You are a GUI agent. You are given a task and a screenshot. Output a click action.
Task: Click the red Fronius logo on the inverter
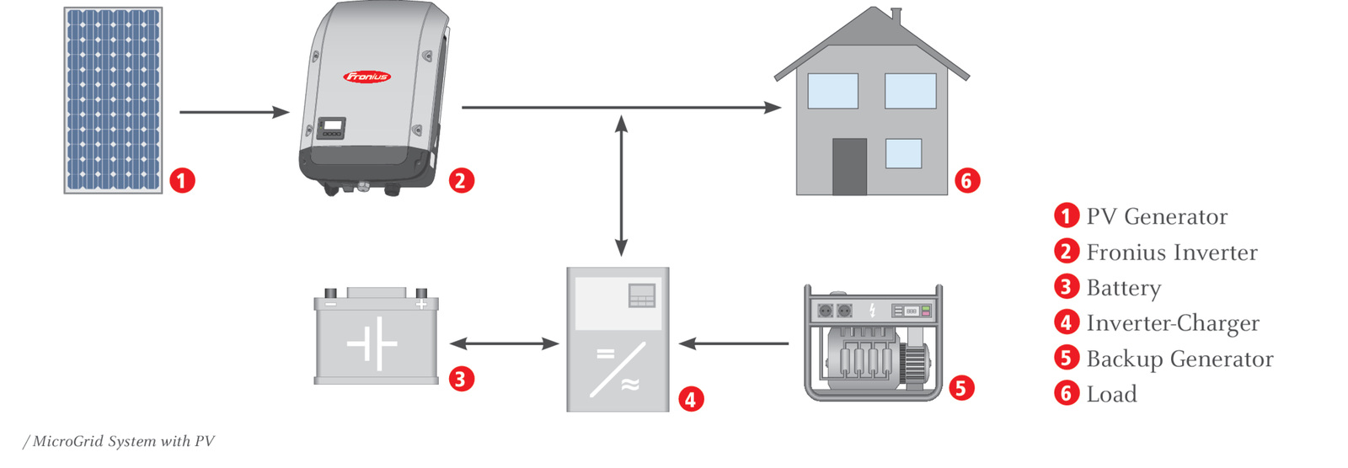click(x=366, y=77)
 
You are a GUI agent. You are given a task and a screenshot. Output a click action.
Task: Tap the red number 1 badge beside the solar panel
click(x=182, y=180)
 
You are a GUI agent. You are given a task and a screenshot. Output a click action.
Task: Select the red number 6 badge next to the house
click(x=967, y=180)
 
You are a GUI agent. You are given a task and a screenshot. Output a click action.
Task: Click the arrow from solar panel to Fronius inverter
click(x=233, y=111)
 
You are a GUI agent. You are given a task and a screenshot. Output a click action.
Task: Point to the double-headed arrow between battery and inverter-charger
click(x=504, y=343)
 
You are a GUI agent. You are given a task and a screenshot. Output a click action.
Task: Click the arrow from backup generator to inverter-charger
click(x=733, y=343)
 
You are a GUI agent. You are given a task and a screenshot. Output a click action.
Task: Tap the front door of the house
click(x=849, y=167)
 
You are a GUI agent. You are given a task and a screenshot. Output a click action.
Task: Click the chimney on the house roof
click(x=896, y=17)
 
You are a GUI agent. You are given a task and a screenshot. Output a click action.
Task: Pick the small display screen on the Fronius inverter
click(x=333, y=125)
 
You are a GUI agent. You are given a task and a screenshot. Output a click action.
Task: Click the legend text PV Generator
click(x=1156, y=216)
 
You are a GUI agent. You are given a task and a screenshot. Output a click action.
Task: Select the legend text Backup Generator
click(x=1179, y=359)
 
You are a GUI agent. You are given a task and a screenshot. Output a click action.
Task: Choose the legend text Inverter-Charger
click(x=1173, y=323)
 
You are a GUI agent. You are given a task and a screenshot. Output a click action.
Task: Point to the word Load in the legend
click(x=1111, y=394)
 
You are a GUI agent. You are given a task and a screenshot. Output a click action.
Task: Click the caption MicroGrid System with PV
click(x=120, y=441)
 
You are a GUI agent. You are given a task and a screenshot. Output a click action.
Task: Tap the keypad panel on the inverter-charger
click(x=642, y=296)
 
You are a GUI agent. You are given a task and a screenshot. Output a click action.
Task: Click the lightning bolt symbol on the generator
click(x=872, y=311)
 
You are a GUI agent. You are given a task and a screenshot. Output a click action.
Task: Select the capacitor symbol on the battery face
click(x=372, y=343)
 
